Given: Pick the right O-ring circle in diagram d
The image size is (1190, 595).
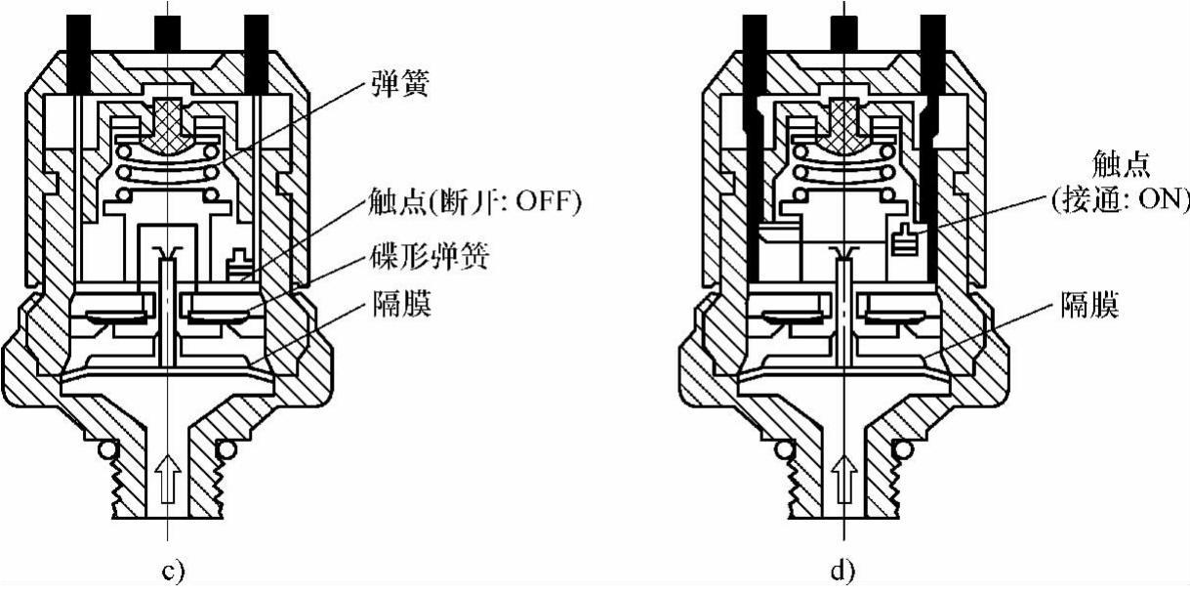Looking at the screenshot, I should click(x=904, y=449).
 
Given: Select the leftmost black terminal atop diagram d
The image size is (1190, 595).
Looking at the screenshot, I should click(x=754, y=39).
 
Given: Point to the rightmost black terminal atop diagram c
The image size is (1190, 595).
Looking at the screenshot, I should click(x=256, y=39).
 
